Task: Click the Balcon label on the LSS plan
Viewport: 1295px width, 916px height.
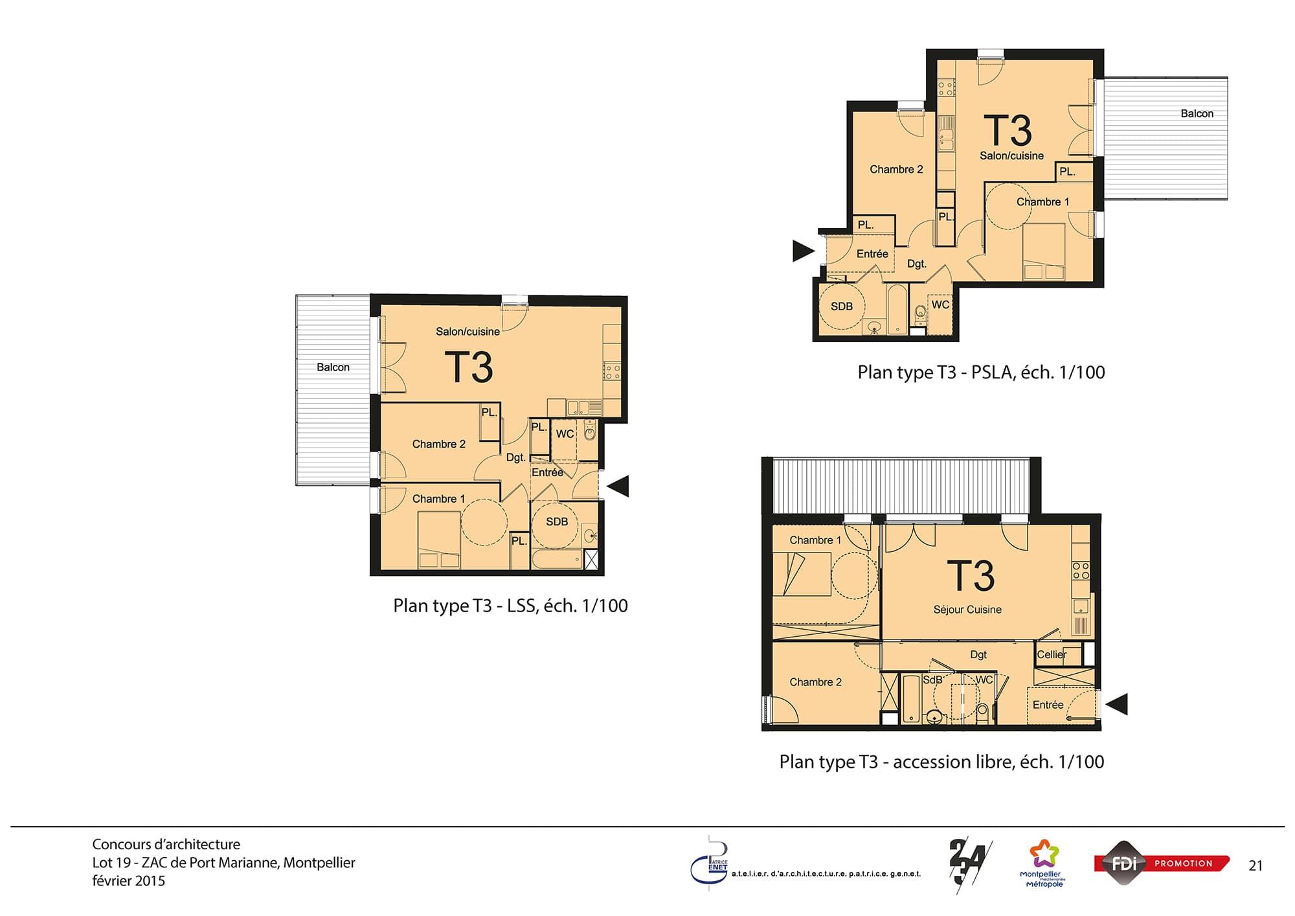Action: (333, 367)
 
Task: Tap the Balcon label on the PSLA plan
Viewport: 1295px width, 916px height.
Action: (1197, 113)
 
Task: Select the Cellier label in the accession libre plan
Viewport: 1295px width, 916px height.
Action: (1052, 654)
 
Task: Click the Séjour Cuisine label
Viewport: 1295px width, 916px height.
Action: (967, 610)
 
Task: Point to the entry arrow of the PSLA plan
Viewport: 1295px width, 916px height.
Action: (804, 251)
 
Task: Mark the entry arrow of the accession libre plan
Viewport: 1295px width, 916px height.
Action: (1116, 704)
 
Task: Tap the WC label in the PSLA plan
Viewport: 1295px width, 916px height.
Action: (940, 304)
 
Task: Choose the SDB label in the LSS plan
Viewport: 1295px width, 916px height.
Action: (557, 521)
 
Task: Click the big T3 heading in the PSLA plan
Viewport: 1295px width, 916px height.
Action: (1008, 130)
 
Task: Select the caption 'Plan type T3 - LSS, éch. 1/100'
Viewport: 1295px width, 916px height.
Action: (510, 606)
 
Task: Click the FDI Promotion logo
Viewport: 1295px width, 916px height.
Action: (1162, 863)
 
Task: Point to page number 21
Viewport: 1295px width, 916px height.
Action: (1256, 866)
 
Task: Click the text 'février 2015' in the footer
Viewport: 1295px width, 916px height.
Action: (129, 881)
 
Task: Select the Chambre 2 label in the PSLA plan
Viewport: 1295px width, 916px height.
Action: (896, 170)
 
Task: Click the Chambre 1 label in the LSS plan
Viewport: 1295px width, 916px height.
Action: (438, 499)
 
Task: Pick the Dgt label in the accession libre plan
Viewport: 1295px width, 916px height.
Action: (978, 655)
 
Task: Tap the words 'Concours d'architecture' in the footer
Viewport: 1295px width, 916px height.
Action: (166, 844)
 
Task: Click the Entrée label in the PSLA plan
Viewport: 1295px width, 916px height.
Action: (872, 254)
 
